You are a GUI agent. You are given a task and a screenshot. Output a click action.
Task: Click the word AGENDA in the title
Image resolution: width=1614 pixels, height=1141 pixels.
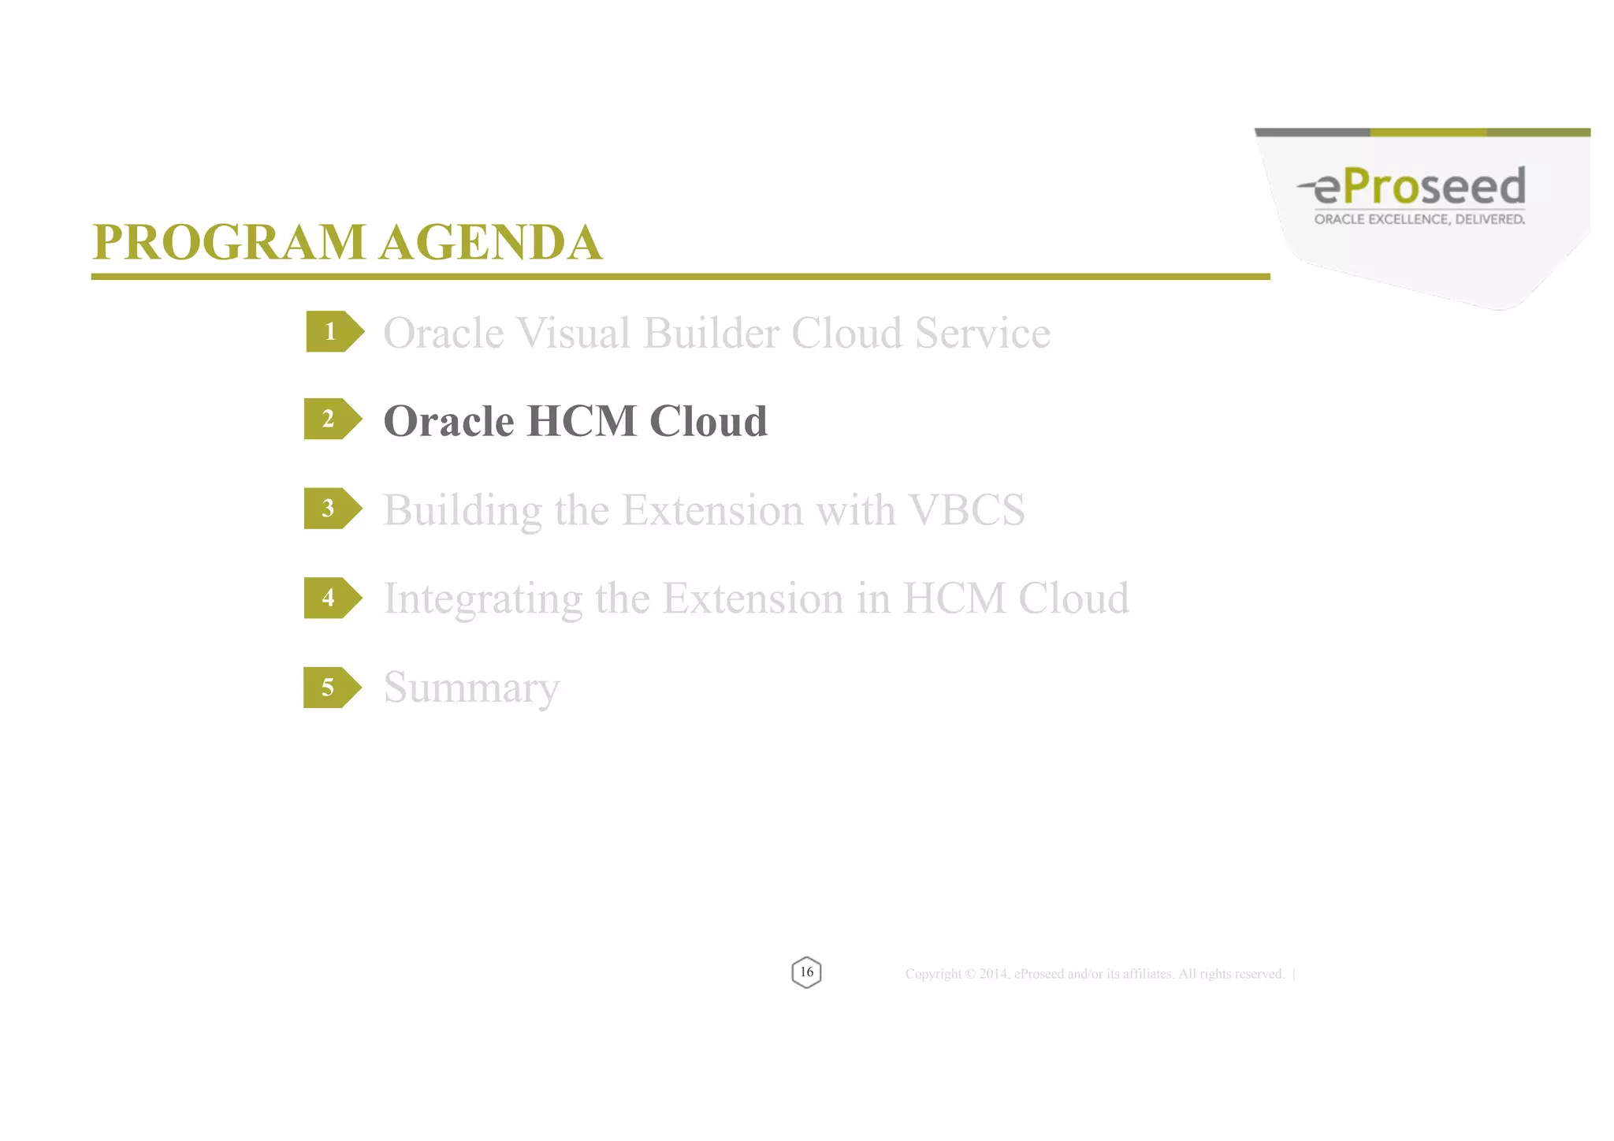pyautogui.click(x=490, y=242)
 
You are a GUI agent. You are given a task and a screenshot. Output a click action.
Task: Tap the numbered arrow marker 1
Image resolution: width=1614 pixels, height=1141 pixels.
pyautogui.click(x=333, y=332)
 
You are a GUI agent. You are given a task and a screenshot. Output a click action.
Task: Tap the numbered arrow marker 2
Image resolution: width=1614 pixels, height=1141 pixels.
pyautogui.click(x=331, y=419)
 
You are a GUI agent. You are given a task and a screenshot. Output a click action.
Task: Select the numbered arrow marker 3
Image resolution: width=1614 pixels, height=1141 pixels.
pyautogui.click(x=331, y=509)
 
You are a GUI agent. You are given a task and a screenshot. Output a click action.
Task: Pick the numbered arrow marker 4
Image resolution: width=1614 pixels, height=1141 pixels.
pyautogui.click(x=331, y=598)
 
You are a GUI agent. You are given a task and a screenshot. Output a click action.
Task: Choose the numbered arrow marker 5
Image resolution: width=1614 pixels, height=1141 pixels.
pyautogui.click(x=331, y=688)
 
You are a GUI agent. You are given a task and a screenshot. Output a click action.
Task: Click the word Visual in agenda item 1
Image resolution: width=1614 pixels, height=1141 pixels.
pyautogui.click(x=573, y=333)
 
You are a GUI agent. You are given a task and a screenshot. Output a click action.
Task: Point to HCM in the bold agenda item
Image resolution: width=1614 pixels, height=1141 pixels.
pyautogui.click(x=582, y=421)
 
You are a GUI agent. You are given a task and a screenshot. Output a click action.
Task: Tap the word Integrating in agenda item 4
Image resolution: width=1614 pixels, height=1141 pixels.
pyautogui.click(x=482, y=599)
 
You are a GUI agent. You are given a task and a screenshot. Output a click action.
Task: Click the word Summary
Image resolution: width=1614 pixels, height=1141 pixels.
pyautogui.click(x=471, y=688)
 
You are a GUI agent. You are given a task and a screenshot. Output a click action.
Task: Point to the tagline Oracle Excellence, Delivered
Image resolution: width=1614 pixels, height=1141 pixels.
pyautogui.click(x=1419, y=219)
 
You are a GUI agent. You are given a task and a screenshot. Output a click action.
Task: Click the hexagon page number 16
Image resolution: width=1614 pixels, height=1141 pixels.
pyautogui.click(x=806, y=972)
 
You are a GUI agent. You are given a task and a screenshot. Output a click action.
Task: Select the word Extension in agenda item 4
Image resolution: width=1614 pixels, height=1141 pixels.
pyautogui.click(x=753, y=598)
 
